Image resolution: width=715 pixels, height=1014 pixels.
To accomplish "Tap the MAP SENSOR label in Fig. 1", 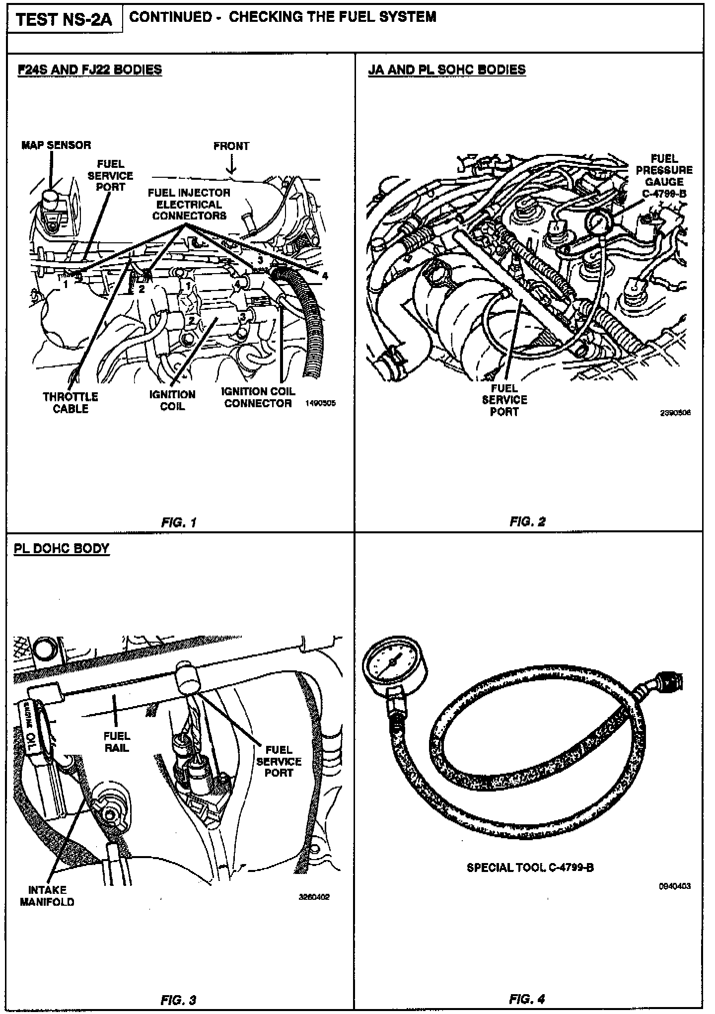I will coord(56,145).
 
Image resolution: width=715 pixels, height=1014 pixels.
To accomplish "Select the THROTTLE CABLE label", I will coord(71,403).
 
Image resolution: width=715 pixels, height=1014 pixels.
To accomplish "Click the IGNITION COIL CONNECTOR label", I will coord(258,397).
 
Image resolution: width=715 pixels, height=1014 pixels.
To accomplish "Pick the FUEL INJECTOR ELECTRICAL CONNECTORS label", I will coord(189,204).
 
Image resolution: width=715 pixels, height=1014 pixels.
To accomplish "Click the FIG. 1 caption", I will coord(179,522).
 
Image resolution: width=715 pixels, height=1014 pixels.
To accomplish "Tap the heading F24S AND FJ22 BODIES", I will coord(90,70).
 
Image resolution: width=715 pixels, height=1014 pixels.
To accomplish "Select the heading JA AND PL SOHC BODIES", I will coord(447,70).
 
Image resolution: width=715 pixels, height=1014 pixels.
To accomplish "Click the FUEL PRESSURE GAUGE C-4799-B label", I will coord(664,176).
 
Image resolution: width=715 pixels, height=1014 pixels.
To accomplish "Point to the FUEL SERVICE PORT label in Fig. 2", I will coord(504,400).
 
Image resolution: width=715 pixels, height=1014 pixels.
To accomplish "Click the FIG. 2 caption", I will coord(527,521).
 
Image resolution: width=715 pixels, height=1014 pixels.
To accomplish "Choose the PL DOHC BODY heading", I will coord(62,549).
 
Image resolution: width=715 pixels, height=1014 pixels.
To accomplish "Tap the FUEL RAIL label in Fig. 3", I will coord(117,741).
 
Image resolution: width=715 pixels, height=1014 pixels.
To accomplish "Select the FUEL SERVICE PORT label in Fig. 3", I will coord(279,761).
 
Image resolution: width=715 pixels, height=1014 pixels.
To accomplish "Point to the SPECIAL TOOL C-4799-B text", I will coord(530,868).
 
